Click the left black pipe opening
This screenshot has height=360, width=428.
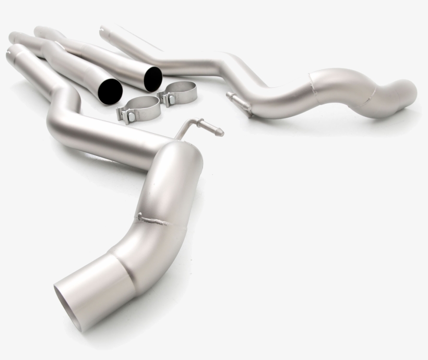110,91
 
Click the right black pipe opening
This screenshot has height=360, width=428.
153,78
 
